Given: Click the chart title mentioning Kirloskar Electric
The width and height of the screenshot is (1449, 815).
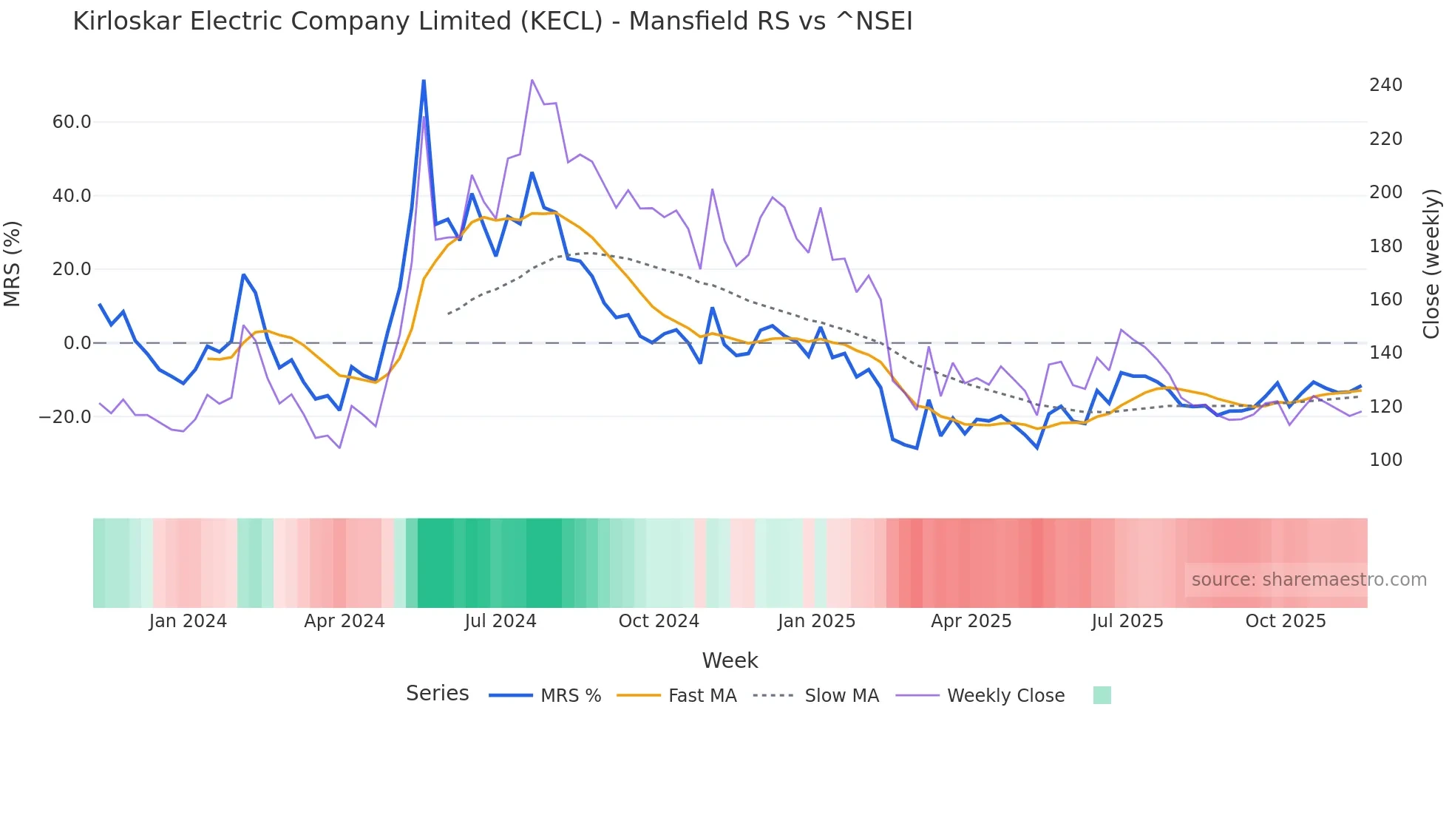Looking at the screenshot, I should click(492, 21).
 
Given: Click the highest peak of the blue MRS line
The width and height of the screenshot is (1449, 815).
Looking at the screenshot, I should click(424, 81).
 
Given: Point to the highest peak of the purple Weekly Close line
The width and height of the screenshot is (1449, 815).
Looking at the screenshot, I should click(532, 80).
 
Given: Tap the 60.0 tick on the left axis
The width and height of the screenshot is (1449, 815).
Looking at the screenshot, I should click(72, 122).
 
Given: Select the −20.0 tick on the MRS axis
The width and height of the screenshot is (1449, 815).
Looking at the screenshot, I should click(65, 417).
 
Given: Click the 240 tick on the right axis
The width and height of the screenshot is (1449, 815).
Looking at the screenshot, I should click(1385, 85).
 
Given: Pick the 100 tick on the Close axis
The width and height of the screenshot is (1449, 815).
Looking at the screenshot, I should click(1385, 460).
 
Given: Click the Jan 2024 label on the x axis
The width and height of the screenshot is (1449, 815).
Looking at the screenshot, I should click(188, 621).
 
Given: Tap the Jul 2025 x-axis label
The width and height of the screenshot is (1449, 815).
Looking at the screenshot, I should click(1127, 621).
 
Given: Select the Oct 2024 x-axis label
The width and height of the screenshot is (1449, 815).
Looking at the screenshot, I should click(659, 621).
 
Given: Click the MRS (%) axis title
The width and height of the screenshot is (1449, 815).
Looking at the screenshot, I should click(13, 264).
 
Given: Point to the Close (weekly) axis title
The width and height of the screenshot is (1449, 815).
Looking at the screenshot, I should click(1431, 264).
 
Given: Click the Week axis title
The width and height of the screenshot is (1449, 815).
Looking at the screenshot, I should click(730, 660).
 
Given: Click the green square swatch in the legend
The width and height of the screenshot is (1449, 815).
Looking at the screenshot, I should click(1102, 695).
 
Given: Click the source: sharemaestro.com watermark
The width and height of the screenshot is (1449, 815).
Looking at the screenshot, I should click(1309, 580).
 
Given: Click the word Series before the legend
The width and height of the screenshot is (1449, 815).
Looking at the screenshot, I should click(437, 694).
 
